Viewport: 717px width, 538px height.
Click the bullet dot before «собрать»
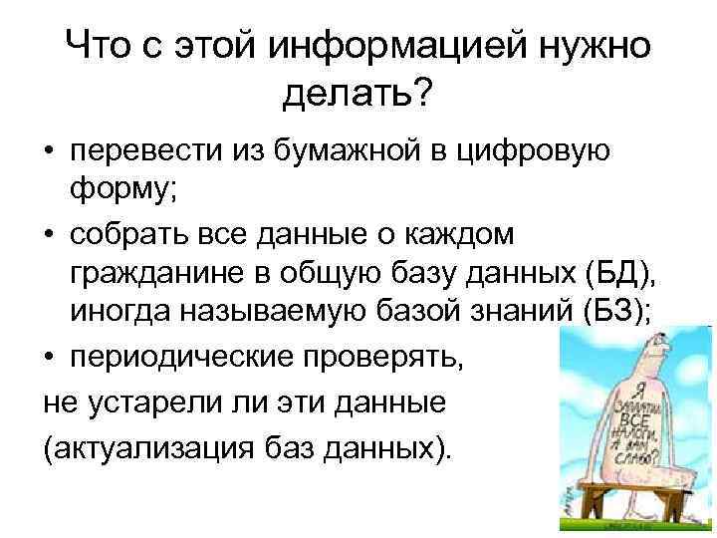tap(49, 235)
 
